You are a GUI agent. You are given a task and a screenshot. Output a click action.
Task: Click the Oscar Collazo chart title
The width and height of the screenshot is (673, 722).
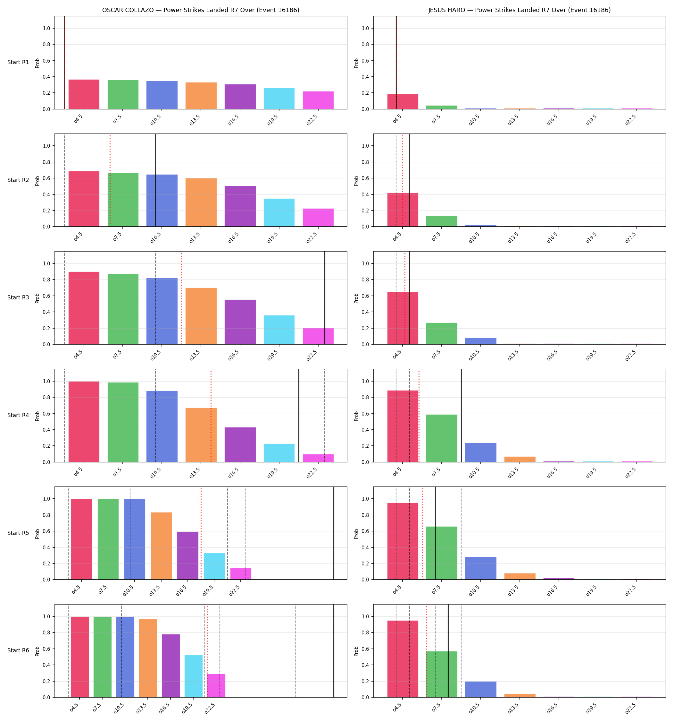201,10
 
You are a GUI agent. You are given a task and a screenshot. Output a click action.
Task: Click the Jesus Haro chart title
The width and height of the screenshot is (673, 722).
519,10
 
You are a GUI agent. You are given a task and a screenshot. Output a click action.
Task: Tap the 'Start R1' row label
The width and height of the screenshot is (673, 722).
18,63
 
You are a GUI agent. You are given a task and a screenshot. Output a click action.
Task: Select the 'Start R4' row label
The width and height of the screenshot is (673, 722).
18,415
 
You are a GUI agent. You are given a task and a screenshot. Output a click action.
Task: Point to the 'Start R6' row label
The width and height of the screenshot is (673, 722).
18,650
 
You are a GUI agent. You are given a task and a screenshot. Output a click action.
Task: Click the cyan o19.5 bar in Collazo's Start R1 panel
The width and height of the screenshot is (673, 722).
279,99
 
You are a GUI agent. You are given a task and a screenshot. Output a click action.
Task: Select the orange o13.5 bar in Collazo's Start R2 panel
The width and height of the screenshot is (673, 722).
201,202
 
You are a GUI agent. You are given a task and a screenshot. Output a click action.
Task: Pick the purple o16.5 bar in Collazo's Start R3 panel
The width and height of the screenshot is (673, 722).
240,322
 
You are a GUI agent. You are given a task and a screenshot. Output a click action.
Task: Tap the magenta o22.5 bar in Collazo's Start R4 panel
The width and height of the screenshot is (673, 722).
318,458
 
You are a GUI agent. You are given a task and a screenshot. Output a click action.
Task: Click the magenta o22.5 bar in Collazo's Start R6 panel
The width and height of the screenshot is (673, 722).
216,685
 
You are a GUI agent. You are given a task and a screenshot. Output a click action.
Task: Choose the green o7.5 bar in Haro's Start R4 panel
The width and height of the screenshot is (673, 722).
442,438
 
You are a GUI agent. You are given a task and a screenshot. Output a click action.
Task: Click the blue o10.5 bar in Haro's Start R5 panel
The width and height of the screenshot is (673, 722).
481,568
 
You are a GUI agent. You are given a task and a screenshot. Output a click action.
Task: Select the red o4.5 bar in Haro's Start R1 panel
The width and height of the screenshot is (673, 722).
403,102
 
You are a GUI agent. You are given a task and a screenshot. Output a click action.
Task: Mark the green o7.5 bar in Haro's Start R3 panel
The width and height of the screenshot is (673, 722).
442,333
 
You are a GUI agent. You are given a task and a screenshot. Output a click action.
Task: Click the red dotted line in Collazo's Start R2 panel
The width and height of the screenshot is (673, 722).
110,180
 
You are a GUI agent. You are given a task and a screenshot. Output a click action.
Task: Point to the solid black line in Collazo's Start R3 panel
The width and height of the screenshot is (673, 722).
325,298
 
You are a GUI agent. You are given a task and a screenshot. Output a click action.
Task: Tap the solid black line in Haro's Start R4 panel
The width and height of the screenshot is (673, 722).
461,416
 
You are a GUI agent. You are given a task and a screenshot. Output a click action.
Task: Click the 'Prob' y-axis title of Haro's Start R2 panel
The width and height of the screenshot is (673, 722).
356,180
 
